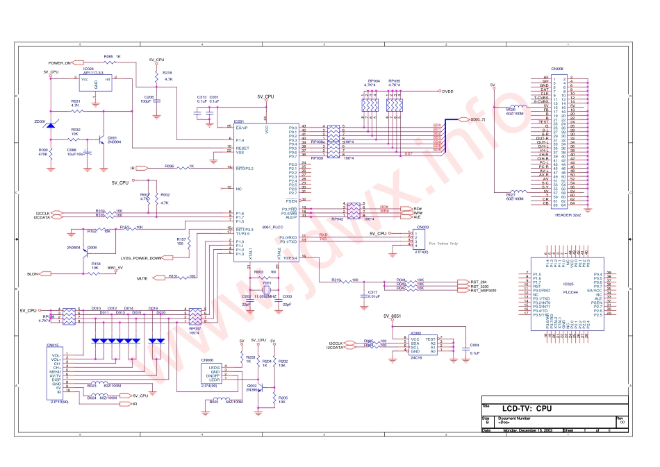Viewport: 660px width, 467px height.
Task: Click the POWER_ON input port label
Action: click(x=60, y=63)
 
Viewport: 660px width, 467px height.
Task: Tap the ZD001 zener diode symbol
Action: click(x=49, y=125)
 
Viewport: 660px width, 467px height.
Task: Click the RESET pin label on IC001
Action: click(x=242, y=148)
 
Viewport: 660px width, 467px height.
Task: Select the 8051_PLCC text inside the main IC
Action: click(x=272, y=227)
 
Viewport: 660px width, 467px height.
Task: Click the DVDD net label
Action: click(x=448, y=91)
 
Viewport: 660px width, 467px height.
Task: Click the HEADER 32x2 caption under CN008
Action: click(x=566, y=214)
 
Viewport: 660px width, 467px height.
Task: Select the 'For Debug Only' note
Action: click(x=443, y=244)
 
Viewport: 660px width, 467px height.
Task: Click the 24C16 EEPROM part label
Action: click(x=415, y=358)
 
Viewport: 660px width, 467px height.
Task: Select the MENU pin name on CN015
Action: click(x=56, y=371)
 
